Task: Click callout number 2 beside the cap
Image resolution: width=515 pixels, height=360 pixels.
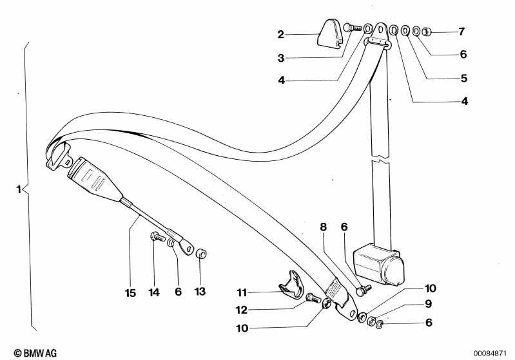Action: pyautogui.click(x=280, y=35)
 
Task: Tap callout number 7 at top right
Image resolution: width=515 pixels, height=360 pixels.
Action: pyautogui.click(x=462, y=32)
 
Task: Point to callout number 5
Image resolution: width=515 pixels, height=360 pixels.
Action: pyautogui.click(x=464, y=79)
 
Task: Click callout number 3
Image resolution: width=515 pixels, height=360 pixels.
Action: pyautogui.click(x=281, y=59)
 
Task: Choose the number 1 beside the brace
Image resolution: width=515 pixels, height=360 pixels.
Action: pyautogui.click(x=19, y=189)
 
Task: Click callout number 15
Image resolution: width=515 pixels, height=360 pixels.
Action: pyautogui.click(x=130, y=293)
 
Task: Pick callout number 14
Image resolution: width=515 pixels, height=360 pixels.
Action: pyautogui.click(x=154, y=292)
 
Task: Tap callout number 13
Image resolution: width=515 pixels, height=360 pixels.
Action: pyautogui.click(x=200, y=291)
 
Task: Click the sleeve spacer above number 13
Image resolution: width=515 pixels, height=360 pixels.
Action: pyautogui.click(x=200, y=254)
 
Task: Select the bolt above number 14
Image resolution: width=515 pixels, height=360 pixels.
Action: pyautogui.click(x=157, y=236)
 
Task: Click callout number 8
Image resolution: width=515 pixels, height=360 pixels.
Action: pyautogui.click(x=324, y=227)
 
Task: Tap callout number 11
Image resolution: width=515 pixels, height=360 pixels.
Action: pyautogui.click(x=242, y=292)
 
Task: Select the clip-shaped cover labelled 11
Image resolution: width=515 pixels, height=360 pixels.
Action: pyautogui.click(x=291, y=284)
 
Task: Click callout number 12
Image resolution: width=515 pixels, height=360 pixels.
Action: pyautogui.click(x=242, y=310)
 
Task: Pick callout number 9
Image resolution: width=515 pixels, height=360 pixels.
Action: pyautogui.click(x=428, y=304)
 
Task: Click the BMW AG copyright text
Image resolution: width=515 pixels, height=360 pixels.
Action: pyautogui.click(x=35, y=353)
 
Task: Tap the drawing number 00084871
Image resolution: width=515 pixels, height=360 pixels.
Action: pyautogui.click(x=490, y=354)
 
